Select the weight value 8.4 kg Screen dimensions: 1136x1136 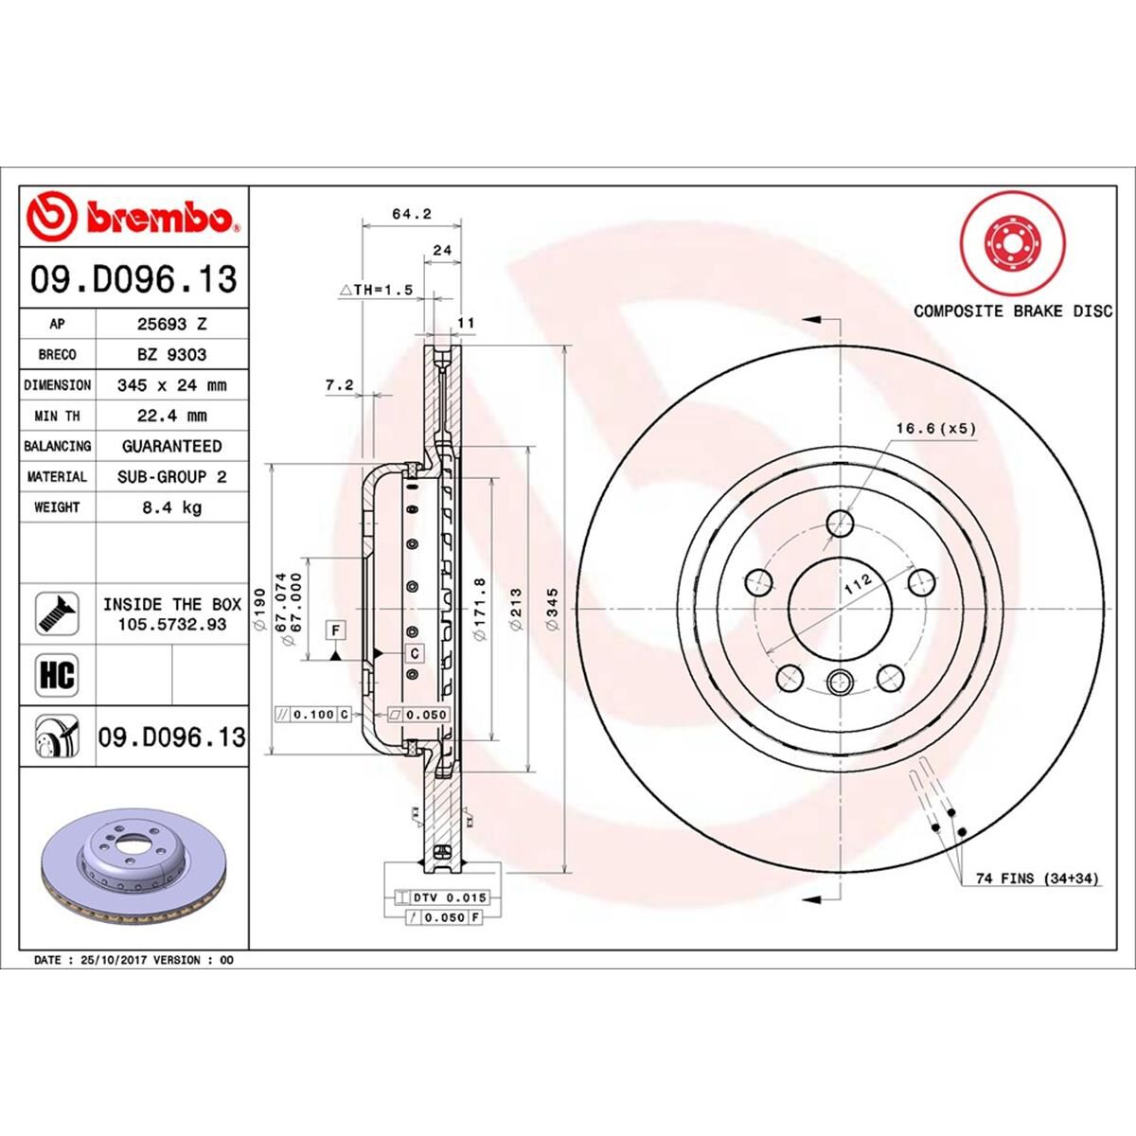(171, 507)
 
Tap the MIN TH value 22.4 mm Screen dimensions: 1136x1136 (171, 416)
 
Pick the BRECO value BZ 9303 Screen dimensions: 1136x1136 (171, 354)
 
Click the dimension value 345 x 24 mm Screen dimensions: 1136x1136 (171, 385)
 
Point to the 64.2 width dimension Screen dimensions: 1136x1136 (411, 214)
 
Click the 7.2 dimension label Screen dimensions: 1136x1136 (338, 385)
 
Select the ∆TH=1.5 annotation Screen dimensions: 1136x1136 (376, 291)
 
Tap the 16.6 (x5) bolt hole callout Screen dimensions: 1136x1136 (935, 429)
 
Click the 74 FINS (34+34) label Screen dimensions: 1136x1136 (1037, 879)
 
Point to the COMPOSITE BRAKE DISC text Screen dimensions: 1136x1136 (1012, 311)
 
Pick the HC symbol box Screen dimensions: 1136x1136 (57, 675)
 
